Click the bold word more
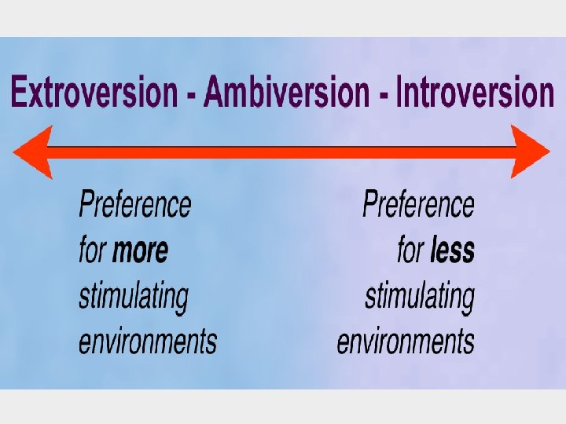pos(141,250)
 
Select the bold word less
pos(453,250)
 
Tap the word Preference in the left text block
pos(134,205)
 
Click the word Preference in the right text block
pos(418,205)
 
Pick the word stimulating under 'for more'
pos(134,297)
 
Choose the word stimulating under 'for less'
pos(420,297)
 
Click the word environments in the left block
pos(148,342)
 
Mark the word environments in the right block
pos(406,342)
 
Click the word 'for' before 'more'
pos(93,250)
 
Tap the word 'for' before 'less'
pos(411,250)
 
